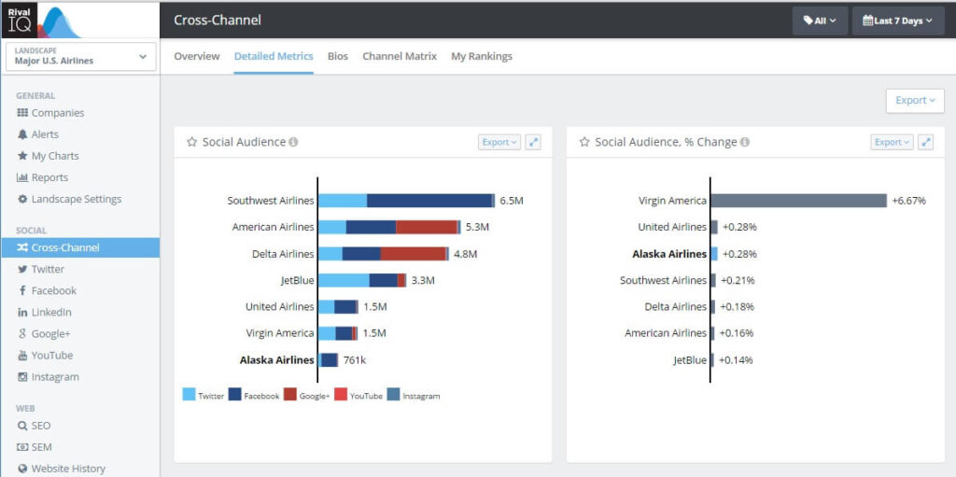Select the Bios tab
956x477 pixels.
click(x=337, y=56)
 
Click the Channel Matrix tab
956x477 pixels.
click(x=399, y=56)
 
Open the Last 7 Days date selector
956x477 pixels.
click(x=897, y=20)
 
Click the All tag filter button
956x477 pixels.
click(x=820, y=20)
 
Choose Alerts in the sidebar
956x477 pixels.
click(x=44, y=134)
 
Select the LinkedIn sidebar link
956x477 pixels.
click(x=50, y=312)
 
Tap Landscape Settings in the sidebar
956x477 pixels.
click(x=76, y=199)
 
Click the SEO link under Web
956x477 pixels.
click(x=40, y=426)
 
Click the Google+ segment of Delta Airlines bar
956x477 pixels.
click(x=413, y=254)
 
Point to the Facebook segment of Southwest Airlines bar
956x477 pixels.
click(x=429, y=201)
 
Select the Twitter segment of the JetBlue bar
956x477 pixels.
click(x=344, y=280)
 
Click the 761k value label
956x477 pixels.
click(x=355, y=360)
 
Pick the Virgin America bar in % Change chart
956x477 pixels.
click(x=798, y=201)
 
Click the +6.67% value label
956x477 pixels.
click(x=908, y=201)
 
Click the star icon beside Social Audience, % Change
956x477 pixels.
click(x=584, y=142)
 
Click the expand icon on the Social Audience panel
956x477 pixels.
click(x=533, y=142)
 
